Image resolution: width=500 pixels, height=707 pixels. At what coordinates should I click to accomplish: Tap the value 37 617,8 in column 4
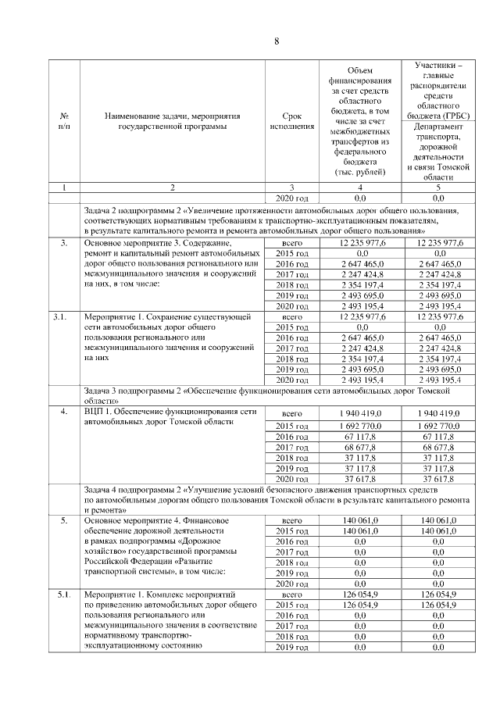(355, 479)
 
